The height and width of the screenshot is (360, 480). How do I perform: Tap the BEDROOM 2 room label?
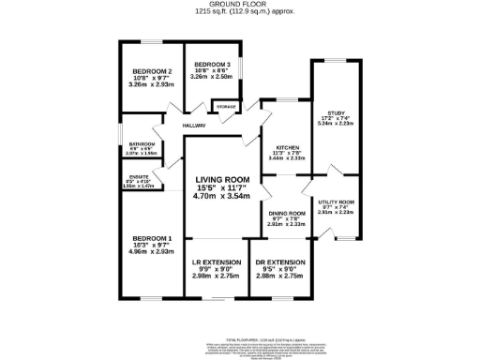click(151, 71)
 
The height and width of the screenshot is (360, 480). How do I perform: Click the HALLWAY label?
click(194, 125)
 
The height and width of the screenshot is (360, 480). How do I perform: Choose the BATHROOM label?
click(142, 143)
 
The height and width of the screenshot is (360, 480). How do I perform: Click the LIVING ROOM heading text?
click(222, 179)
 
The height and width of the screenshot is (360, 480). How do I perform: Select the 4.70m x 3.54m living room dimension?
click(222, 197)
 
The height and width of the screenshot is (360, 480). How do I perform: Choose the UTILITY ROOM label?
click(336, 202)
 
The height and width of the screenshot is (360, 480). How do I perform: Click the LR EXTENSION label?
click(216, 262)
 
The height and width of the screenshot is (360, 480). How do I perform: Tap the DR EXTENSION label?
click(281, 262)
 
